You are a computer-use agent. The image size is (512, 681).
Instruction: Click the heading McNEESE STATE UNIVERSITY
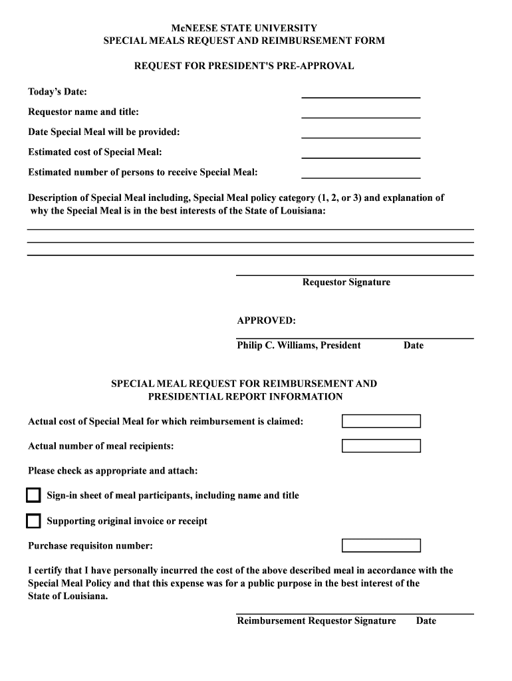click(x=244, y=29)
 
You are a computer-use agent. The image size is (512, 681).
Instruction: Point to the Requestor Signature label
click(x=346, y=283)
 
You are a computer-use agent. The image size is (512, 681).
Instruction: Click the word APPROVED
click(x=266, y=321)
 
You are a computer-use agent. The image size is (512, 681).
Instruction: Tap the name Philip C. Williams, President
click(x=299, y=345)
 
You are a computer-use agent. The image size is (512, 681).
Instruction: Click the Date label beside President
click(x=413, y=345)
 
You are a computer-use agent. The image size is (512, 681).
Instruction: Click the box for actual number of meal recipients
click(x=381, y=446)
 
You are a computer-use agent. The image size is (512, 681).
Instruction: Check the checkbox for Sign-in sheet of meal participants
click(x=33, y=495)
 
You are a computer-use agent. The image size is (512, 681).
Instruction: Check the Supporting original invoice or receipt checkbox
click(x=33, y=521)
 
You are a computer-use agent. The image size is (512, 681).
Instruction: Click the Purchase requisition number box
click(x=381, y=546)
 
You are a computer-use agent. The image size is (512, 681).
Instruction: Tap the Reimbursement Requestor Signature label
click(x=316, y=621)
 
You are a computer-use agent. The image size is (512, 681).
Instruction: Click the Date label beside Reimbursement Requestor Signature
click(x=426, y=621)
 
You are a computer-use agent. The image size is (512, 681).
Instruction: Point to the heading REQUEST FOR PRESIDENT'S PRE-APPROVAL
click(x=244, y=67)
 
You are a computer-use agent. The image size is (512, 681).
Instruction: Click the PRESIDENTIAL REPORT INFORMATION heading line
click(x=245, y=397)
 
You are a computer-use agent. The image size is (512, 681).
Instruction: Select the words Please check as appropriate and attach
click(x=112, y=471)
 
